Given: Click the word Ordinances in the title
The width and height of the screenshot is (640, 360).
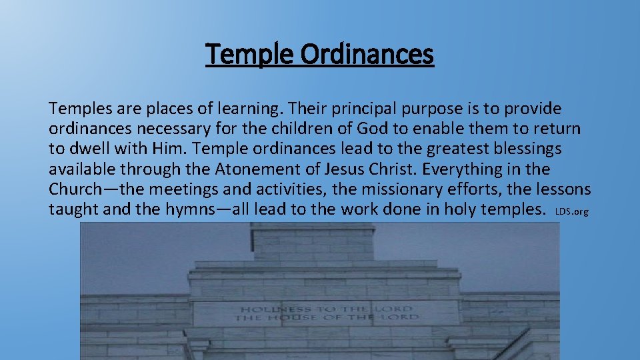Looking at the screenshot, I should click(366, 54).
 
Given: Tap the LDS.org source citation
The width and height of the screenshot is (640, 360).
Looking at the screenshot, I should click(571, 212).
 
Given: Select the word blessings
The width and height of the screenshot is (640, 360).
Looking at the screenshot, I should click(524, 149).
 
